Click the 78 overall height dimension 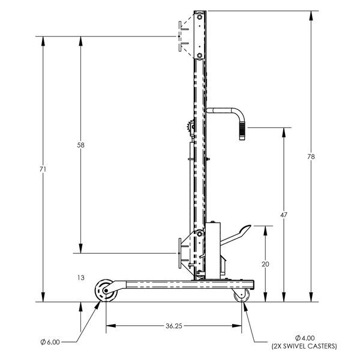tap(311, 157)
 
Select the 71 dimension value tap(43, 169)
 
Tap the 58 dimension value tap(80, 145)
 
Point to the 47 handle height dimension tap(284, 215)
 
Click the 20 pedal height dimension tap(265, 264)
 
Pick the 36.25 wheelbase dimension tap(174, 326)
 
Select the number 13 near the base tap(81, 278)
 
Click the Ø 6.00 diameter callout tap(50, 342)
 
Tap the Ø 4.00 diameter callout tap(305, 338)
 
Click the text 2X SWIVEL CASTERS tap(304, 346)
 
